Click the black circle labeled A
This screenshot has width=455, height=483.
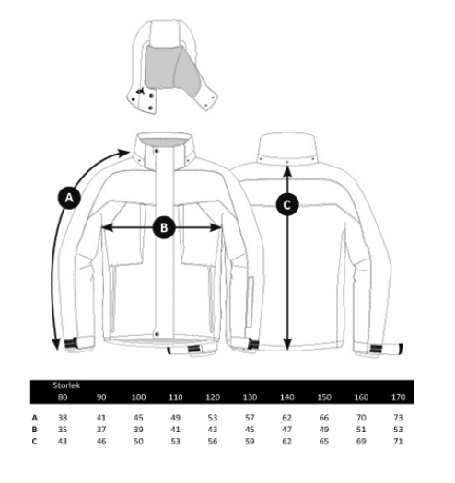click(69, 198)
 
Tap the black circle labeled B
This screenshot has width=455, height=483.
click(164, 227)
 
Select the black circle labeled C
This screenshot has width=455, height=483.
click(287, 204)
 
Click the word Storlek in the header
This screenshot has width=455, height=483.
click(66, 385)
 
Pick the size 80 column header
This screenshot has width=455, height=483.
click(63, 397)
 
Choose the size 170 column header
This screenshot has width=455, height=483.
click(398, 397)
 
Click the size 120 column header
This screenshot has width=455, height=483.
click(213, 397)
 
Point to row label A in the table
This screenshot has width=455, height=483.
click(35, 418)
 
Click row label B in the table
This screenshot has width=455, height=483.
click(35, 430)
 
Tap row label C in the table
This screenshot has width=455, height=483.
click(35, 441)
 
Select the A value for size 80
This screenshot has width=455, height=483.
click(63, 418)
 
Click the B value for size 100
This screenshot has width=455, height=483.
click(138, 430)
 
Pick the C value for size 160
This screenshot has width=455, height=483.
click(361, 441)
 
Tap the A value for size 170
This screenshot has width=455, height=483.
click(398, 418)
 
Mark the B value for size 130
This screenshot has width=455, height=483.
click(250, 430)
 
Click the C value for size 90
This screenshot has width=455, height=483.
click(101, 441)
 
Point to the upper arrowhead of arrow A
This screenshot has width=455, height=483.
click(124, 153)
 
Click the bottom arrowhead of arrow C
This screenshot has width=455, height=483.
click(287, 344)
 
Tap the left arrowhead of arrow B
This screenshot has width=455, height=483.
click(107, 227)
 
